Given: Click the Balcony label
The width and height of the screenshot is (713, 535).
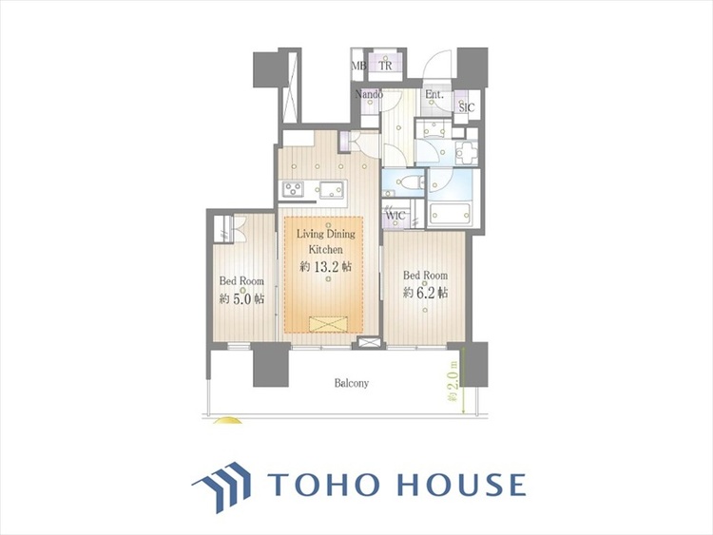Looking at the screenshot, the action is coord(352,383).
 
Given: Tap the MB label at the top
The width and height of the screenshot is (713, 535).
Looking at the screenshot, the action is coord(358,66).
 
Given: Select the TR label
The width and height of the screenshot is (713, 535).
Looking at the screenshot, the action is coord(385,66).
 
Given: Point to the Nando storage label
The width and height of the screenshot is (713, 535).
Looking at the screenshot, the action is coord(369,94).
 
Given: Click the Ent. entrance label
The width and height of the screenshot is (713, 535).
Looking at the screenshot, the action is coord(434,95).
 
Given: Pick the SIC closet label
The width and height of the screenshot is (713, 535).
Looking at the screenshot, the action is coord(467,107).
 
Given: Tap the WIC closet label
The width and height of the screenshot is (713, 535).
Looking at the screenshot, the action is coord(395,216).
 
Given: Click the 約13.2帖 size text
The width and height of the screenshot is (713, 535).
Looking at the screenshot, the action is coord(325,267).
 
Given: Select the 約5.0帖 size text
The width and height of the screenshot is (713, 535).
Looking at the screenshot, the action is coord(241,299).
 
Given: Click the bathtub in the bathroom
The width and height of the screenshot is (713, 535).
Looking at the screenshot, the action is coord(450,213).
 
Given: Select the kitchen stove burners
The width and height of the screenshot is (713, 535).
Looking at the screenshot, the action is coord(294,188).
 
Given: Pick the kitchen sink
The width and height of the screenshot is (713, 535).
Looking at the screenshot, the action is coord(333,189).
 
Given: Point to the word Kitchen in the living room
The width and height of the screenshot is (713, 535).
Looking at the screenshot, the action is coord(325,250).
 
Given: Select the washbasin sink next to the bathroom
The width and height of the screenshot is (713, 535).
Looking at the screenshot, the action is coord(467,151).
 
